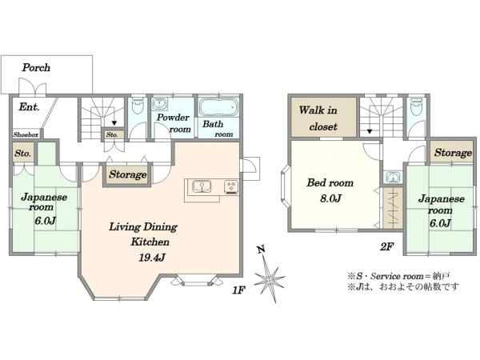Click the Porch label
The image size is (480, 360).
click(36, 68)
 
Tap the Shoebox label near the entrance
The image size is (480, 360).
click(26, 134)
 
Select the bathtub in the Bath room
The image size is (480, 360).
click(218, 107)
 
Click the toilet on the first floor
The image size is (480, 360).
click(138, 107)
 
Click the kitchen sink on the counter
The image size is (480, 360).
click(202, 186)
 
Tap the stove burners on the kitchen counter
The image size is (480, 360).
click(231, 187)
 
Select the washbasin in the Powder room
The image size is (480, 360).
click(159, 104)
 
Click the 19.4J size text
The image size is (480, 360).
click(152, 258)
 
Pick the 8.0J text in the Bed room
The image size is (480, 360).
click(330, 198)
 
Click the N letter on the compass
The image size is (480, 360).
click(261, 250)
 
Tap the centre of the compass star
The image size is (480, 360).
click(270, 279)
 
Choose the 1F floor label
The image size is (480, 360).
click(238, 290)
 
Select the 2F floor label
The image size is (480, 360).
click(386, 246)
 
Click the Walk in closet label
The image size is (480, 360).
click(318, 118)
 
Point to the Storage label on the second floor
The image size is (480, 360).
click(453, 153)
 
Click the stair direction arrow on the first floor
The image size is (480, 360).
click(114, 123)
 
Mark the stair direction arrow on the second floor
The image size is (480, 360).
click(370, 132)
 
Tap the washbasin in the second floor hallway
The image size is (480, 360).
click(393, 178)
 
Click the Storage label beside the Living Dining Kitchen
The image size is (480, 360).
click(128, 174)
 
